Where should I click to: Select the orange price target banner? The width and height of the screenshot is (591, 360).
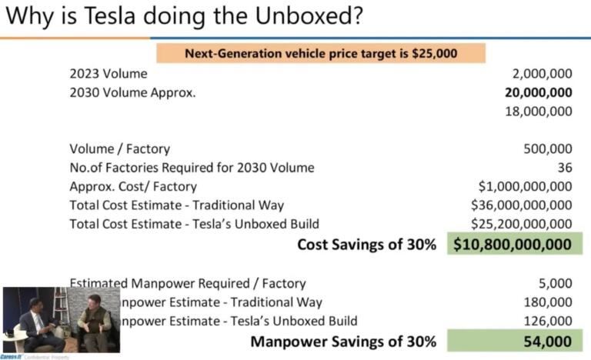click(x=321, y=53)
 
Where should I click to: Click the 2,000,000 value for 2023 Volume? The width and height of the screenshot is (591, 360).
click(x=542, y=74)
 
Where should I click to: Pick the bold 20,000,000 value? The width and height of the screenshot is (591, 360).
click(x=538, y=92)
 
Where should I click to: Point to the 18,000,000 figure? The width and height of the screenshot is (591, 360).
click(x=539, y=111)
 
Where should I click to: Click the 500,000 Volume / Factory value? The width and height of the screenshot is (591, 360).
click(x=547, y=148)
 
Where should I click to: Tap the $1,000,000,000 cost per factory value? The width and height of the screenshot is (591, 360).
click(x=525, y=186)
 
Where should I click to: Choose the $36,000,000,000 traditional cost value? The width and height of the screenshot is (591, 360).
click(x=521, y=205)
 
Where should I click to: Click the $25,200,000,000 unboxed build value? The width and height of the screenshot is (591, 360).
click(x=521, y=224)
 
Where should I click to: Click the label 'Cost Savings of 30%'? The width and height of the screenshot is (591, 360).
click(x=367, y=245)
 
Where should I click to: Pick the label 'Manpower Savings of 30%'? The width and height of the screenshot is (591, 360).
click(x=344, y=341)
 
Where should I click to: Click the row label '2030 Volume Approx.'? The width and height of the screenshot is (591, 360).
click(x=132, y=92)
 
